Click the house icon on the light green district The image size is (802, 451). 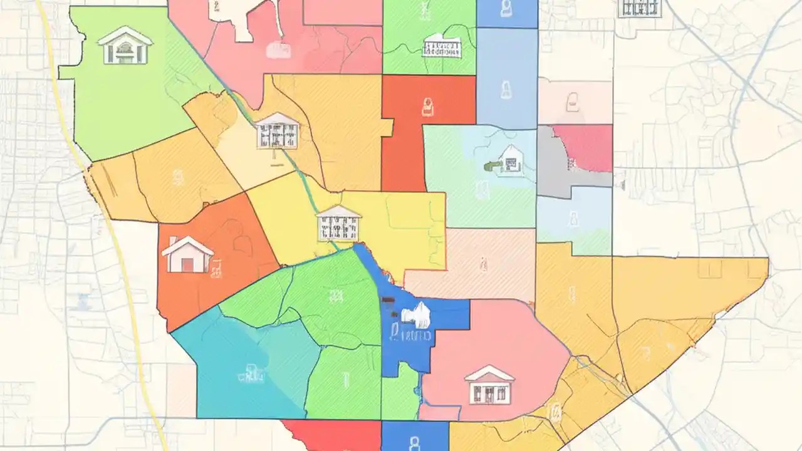pos(125,45)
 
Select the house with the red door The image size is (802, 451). pos(187,255)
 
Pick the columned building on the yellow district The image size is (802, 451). pos(339,223)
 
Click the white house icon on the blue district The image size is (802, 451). pos(419,314)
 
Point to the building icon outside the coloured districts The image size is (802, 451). pos(640,8)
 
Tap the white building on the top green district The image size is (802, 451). pos(442,46)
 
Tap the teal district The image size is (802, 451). pos(238,370)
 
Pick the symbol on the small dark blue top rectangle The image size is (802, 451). pos(506,9)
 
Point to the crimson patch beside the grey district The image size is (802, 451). pos(586,147)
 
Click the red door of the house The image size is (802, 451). pos(187,264)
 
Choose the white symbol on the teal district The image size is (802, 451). pos(251,376)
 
